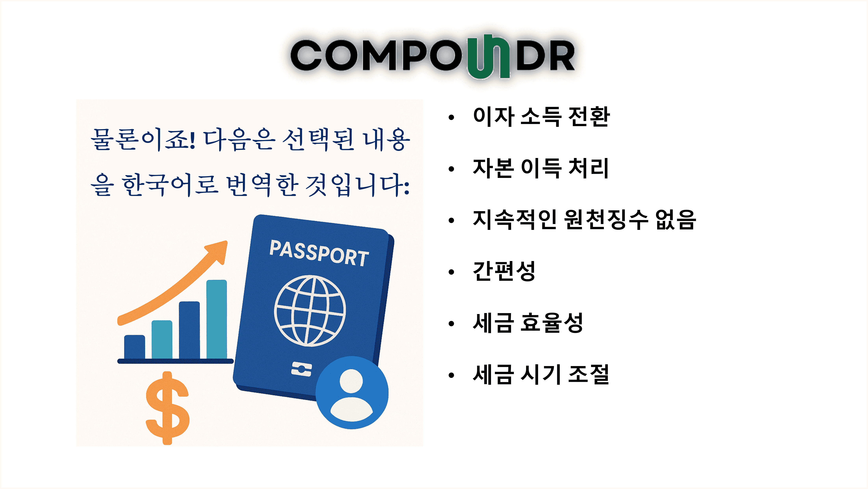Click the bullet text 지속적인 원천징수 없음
[x=584, y=220]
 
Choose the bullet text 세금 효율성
[x=528, y=323]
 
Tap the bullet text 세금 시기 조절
[x=541, y=374]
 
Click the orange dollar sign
[x=167, y=408]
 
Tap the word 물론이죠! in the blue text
[x=143, y=139]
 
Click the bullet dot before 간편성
[x=451, y=272]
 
